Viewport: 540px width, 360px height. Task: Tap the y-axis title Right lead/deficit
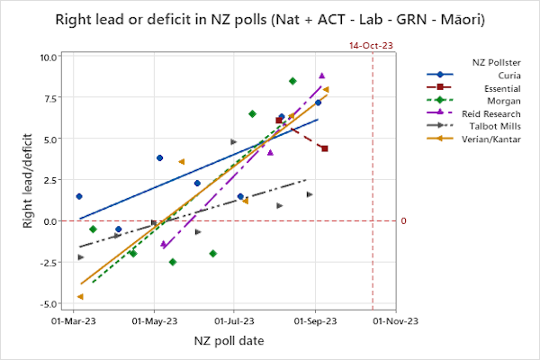tap(28, 180)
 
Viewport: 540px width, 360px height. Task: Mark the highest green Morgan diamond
tap(292, 81)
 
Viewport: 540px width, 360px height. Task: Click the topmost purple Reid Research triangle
tap(321, 76)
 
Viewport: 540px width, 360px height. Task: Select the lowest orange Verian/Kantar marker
tap(80, 296)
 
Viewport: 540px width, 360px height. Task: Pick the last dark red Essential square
tap(324, 148)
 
